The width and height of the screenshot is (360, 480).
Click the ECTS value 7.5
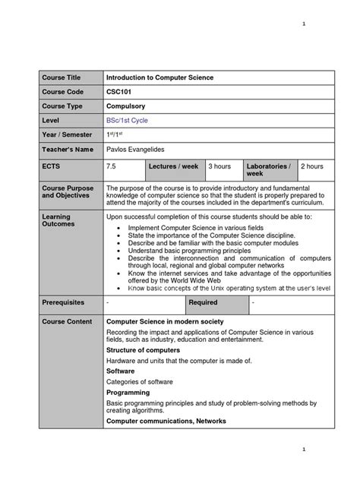(x=112, y=166)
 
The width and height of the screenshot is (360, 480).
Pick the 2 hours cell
(x=313, y=166)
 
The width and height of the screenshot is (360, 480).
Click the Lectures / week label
(x=174, y=166)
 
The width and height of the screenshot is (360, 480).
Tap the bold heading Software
(x=122, y=371)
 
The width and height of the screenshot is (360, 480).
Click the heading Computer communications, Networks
(x=166, y=421)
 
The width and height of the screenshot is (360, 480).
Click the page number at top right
(x=303, y=24)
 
